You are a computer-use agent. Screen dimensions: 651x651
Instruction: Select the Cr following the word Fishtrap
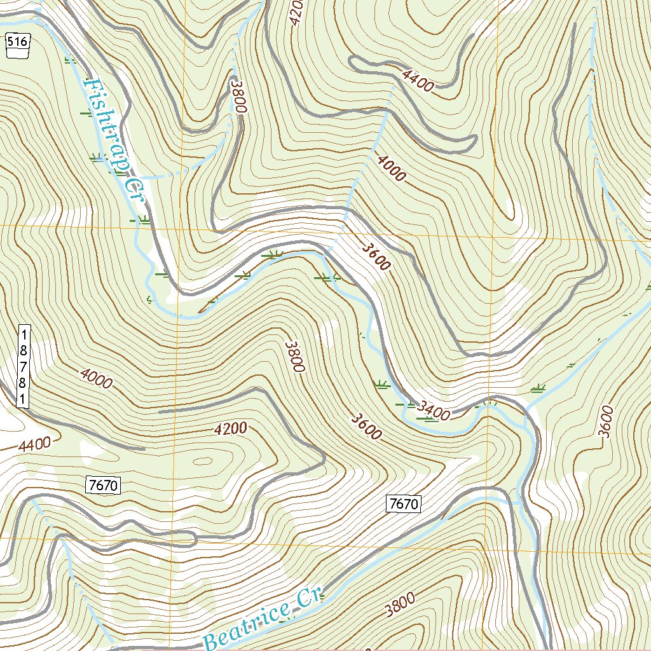tap(134, 190)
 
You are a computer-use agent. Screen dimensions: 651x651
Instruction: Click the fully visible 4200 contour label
tap(230, 430)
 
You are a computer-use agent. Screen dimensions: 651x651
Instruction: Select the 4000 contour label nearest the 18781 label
tap(96, 378)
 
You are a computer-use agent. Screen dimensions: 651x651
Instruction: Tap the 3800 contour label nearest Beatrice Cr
tap(399, 605)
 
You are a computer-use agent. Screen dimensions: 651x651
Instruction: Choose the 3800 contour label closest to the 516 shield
tap(238, 96)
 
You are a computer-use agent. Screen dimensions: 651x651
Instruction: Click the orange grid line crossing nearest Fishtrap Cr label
tap(181, 226)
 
